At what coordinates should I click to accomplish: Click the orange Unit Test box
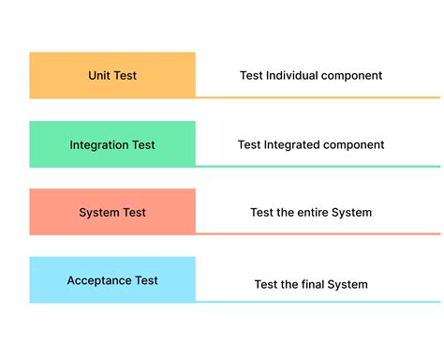click(x=112, y=75)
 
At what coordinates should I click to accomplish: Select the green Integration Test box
click(x=112, y=144)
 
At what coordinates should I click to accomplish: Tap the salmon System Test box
click(x=112, y=212)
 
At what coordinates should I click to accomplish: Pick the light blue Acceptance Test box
click(x=112, y=279)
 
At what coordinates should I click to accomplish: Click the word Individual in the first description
click(x=294, y=75)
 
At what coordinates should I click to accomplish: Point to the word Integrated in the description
click(x=294, y=144)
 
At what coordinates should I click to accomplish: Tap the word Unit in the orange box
click(x=99, y=75)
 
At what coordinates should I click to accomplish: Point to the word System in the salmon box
click(x=98, y=213)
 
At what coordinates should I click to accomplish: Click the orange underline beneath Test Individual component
click(x=318, y=97)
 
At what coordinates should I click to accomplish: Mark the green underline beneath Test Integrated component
click(x=318, y=166)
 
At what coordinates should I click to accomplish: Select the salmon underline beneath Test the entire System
click(x=318, y=233)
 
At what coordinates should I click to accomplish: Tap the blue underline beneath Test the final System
click(x=318, y=302)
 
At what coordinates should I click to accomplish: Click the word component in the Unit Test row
click(x=352, y=76)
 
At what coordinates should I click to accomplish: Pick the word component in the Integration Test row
click(x=354, y=145)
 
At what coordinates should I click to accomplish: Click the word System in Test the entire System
click(x=351, y=213)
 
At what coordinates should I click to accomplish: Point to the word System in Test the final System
click(x=348, y=284)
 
